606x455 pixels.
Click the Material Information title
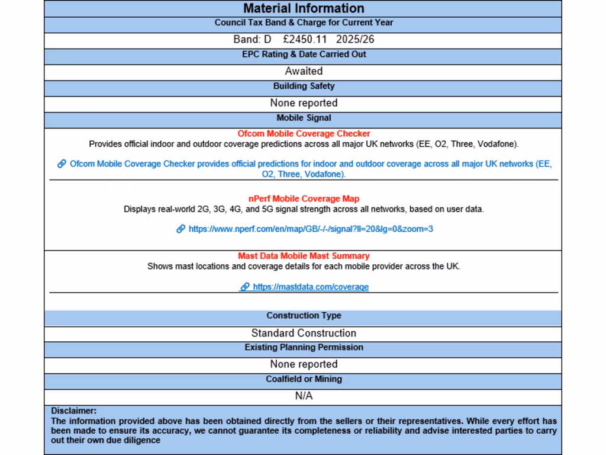click(304, 8)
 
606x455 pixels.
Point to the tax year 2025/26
click(355, 40)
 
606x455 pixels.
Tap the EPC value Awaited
click(304, 71)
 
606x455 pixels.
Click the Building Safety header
click(304, 86)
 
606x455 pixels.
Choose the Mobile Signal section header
click(304, 118)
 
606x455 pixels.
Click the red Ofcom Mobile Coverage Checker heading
click(304, 134)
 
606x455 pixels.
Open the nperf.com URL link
click(311, 229)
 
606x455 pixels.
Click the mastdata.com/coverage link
click(311, 287)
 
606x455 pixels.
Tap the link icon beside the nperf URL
click(181, 229)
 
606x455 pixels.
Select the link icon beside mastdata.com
click(244, 287)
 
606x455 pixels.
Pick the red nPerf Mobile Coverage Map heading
click(304, 198)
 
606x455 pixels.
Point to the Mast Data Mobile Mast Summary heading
click(304, 256)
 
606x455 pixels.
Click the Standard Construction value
click(304, 333)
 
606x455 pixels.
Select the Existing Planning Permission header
click(304, 347)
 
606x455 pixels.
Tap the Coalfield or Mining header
click(304, 379)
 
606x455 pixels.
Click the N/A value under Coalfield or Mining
click(304, 396)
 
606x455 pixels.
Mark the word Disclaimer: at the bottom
click(73, 411)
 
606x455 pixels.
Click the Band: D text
click(252, 40)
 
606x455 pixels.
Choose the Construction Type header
click(304, 316)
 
